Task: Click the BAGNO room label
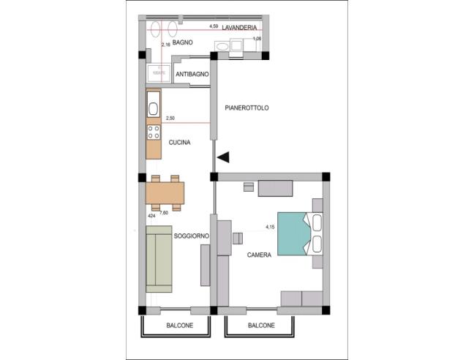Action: click(183, 43)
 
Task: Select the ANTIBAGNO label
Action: click(193, 75)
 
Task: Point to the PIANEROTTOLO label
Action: click(247, 108)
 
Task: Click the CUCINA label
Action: click(179, 143)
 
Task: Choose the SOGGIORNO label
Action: click(192, 236)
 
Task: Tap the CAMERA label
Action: click(259, 255)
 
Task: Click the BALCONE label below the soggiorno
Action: click(178, 326)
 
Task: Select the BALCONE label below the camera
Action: click(261, 326)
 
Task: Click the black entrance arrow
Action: click(224, 157)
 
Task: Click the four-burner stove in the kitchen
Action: click(154, 132)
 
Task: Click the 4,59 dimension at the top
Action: click(214, 26)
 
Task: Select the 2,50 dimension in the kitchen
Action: click(170, 118)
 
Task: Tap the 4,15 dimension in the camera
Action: click(270, 228)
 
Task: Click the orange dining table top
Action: click(165, 192)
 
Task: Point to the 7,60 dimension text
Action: click(165, 213)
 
